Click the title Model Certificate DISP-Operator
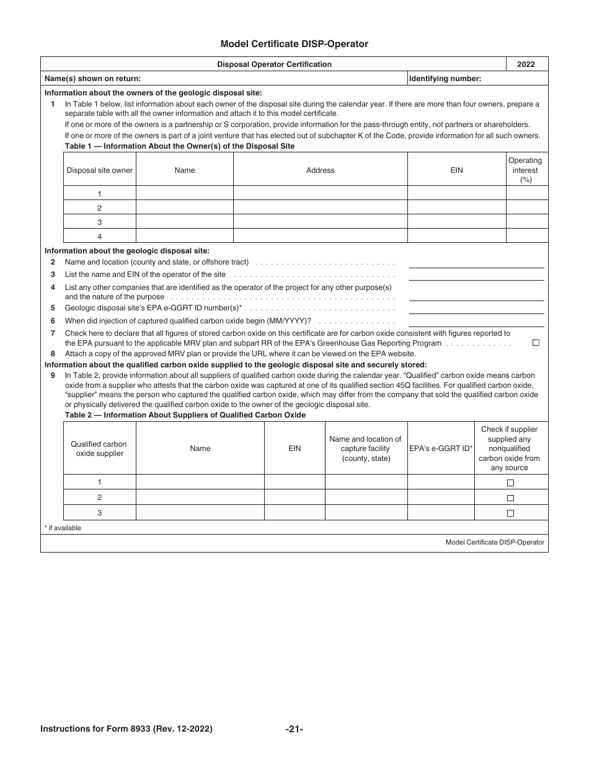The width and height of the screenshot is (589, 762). (x=294, y=44)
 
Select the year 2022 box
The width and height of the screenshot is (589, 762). (x=526, y=64)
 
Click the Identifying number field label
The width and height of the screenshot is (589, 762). (x=445, y=79)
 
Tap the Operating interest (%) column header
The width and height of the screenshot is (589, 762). (x=526, y=170)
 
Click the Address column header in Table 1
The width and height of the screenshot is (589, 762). (x=320, y=170)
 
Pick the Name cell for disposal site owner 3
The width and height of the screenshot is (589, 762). (x=184, y=222)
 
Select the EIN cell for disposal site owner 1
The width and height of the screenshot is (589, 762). (x=456, y=194)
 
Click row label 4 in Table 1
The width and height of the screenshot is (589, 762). (x=99, y=236)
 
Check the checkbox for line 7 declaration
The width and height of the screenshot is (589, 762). (x=536, y=343)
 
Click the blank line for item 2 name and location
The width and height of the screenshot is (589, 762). (x=476, y=263)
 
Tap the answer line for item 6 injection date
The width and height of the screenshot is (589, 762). (x=476, y=321)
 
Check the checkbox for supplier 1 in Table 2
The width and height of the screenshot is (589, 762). (x=511, y=483)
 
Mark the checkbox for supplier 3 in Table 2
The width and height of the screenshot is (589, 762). (x=511, y=513)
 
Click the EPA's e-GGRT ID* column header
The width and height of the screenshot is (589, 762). (x=441, y=449)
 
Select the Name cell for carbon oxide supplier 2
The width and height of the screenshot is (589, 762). (x=200, y=497)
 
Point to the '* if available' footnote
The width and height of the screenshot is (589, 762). (x=63, y=528)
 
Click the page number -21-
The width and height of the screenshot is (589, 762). (x=294, y=729)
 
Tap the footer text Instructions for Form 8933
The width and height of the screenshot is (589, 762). (x=126, y=729)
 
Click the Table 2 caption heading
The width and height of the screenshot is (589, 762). (x=185, y=415)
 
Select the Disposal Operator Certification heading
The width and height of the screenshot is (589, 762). (x=274, y=64)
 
